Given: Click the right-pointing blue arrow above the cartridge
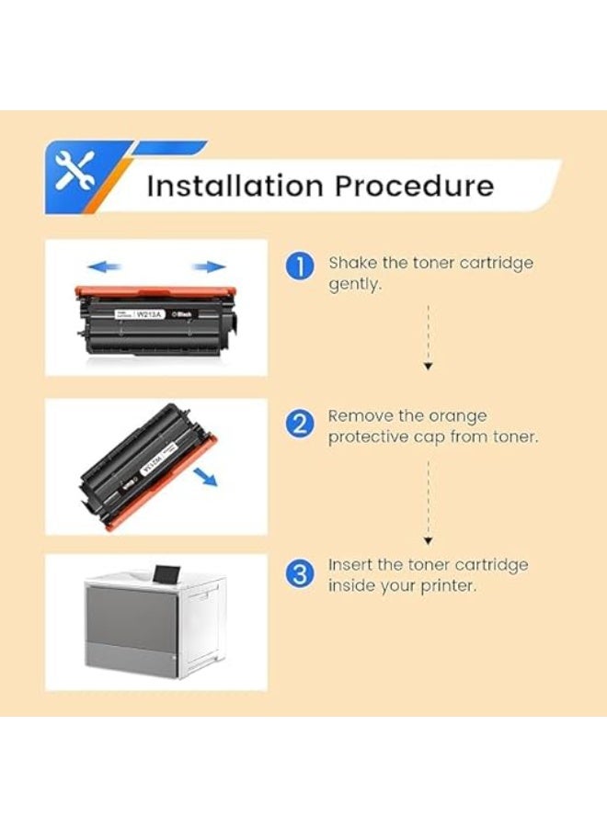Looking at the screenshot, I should pyautogui.click(x=210, y=266).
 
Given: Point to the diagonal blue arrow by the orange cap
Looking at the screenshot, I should pyautogui.click(x=207, y=478).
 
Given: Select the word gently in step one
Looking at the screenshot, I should pyautogui.click(x=354, y=286).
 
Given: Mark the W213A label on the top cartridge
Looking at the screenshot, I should pyautogui.click(x=149, y=313).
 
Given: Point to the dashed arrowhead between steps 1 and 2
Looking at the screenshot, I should pyautogui.click(x=428, y=366).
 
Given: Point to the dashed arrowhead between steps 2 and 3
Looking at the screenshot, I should pyautogui.click(x=428, y=541).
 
